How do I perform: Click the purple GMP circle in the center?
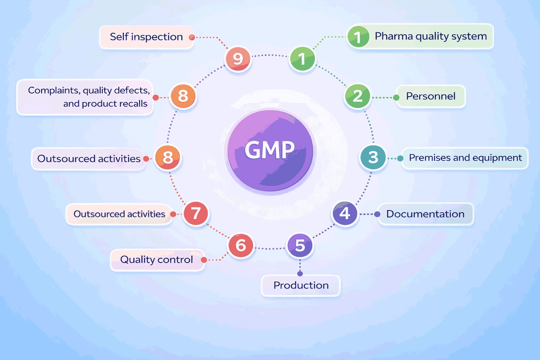pyautogui.click(x=270, y=150)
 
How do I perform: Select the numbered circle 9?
pyautogui.click(x=238, y=59)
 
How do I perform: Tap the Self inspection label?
pyautogui.click(x=146, y=37)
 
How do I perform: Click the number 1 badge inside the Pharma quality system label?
pyautogui.click(x=358, y=37)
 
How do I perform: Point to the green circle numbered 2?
pyautogui.click(x=358, y=97)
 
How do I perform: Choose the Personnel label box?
pyautogui.click(x=430, y=97)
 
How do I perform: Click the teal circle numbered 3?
pyautogui.click(x=373, y=157)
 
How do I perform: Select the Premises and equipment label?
pyautogui.click(x=465, y=158)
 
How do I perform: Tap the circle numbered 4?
pyautogui.click(x=344, y=213)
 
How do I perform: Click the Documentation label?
pyautogui.click(x=425, y=214)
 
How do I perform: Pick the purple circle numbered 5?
pyautogui.click(x=300, y=245)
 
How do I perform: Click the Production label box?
pyautogui.click(x=301, y=286)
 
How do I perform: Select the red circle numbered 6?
pyautogui.click(x=240, y=245)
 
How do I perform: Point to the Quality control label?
pyautogui.click(x=157, y=259)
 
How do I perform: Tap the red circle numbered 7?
pyautogui.click(x=196, y=213)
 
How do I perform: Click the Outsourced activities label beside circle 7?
pyautogui.click(x=119, y=214)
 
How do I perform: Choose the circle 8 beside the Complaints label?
pyautogui.click(x=183, y=97)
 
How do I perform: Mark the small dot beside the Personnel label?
pyautogui.click(x=397, y=97)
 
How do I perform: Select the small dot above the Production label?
pyautogui.click(x=300, y=274)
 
